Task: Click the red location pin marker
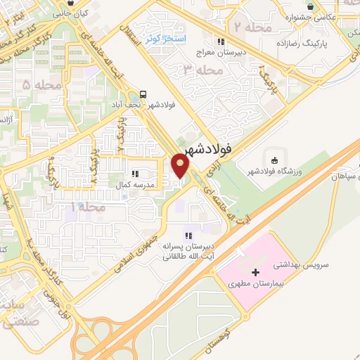click(x=181, y=167)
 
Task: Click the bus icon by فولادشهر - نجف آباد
click(x=143, y=94)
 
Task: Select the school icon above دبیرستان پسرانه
click(x=188, y=235)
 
